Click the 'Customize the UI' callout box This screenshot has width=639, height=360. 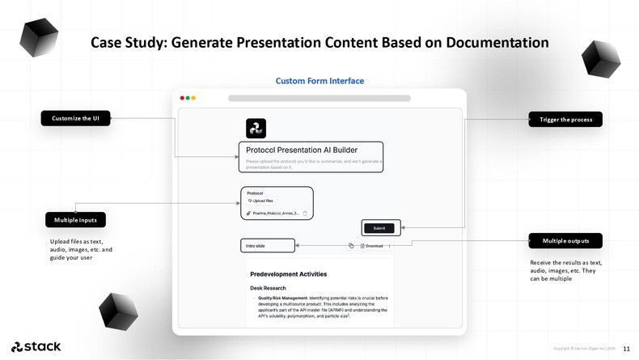pos(75,119)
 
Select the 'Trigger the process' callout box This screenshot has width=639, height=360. pos(565,120)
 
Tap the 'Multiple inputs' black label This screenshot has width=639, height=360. pos(75,220)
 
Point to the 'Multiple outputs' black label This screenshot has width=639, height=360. pos(565,241)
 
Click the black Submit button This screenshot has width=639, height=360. pos(379,228)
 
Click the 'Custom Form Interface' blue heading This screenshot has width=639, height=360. pos(319,81)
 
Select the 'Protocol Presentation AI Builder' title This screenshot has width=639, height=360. pos(302,150)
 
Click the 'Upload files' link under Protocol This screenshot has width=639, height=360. pos(262,201)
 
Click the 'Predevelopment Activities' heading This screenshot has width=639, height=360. pos(288,274)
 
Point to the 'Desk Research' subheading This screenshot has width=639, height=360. pos(268,288)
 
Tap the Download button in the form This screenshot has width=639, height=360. pos(373,246)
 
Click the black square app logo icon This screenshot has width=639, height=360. pos(256,129)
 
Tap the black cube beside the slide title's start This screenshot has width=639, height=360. pos(38,38)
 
